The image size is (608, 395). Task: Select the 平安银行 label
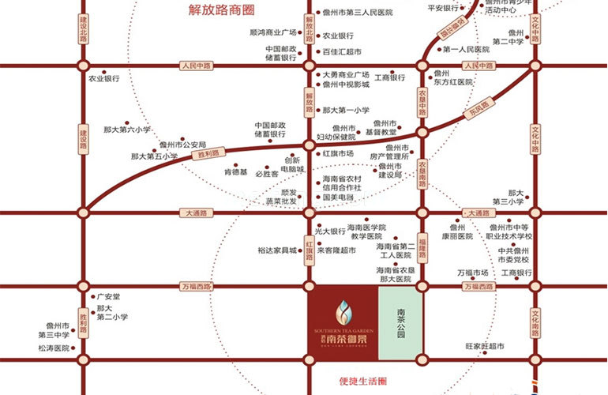(443, 8)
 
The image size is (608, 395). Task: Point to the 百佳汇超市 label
(341, 51)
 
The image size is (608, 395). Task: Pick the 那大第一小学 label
(346, 111)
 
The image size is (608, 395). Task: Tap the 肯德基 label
(235, 172)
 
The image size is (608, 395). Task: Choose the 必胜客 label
(267, 173)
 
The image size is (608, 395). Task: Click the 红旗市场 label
(338, 153)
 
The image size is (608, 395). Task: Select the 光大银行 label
(330, 231)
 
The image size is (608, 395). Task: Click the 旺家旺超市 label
(485, 347)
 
